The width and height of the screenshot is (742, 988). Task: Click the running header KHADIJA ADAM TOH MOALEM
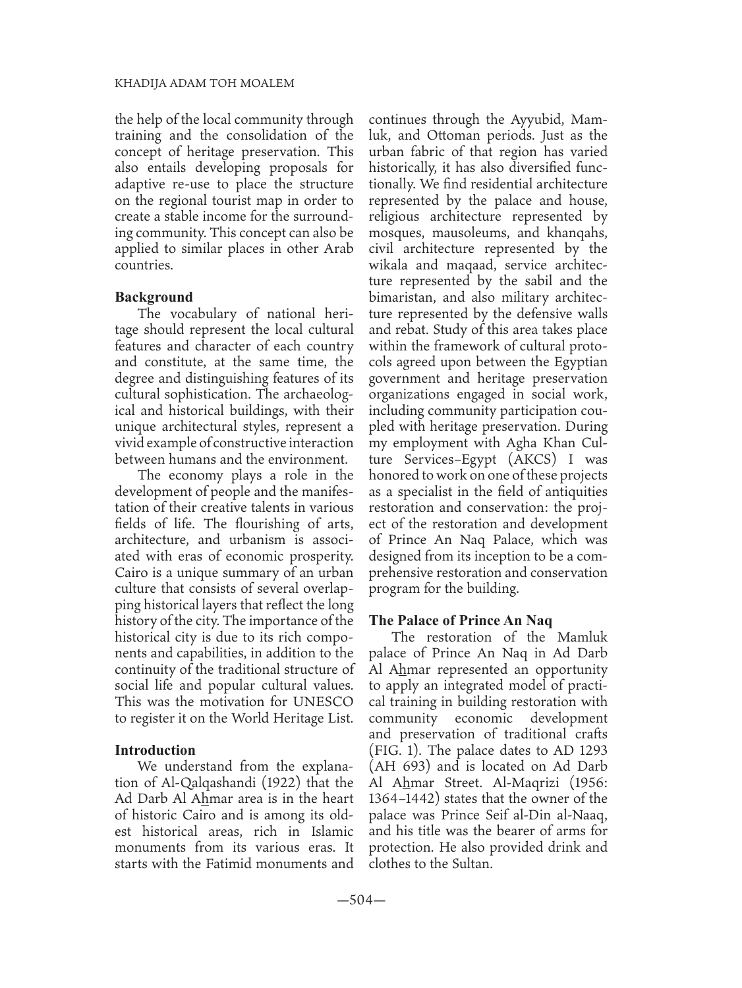coord(205,83)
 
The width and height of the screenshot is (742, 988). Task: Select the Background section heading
coord(154,296)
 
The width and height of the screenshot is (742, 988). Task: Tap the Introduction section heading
coord(155,750)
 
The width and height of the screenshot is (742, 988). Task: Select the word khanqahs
coord(579,233)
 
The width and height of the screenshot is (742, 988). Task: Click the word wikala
coord(389,265)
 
